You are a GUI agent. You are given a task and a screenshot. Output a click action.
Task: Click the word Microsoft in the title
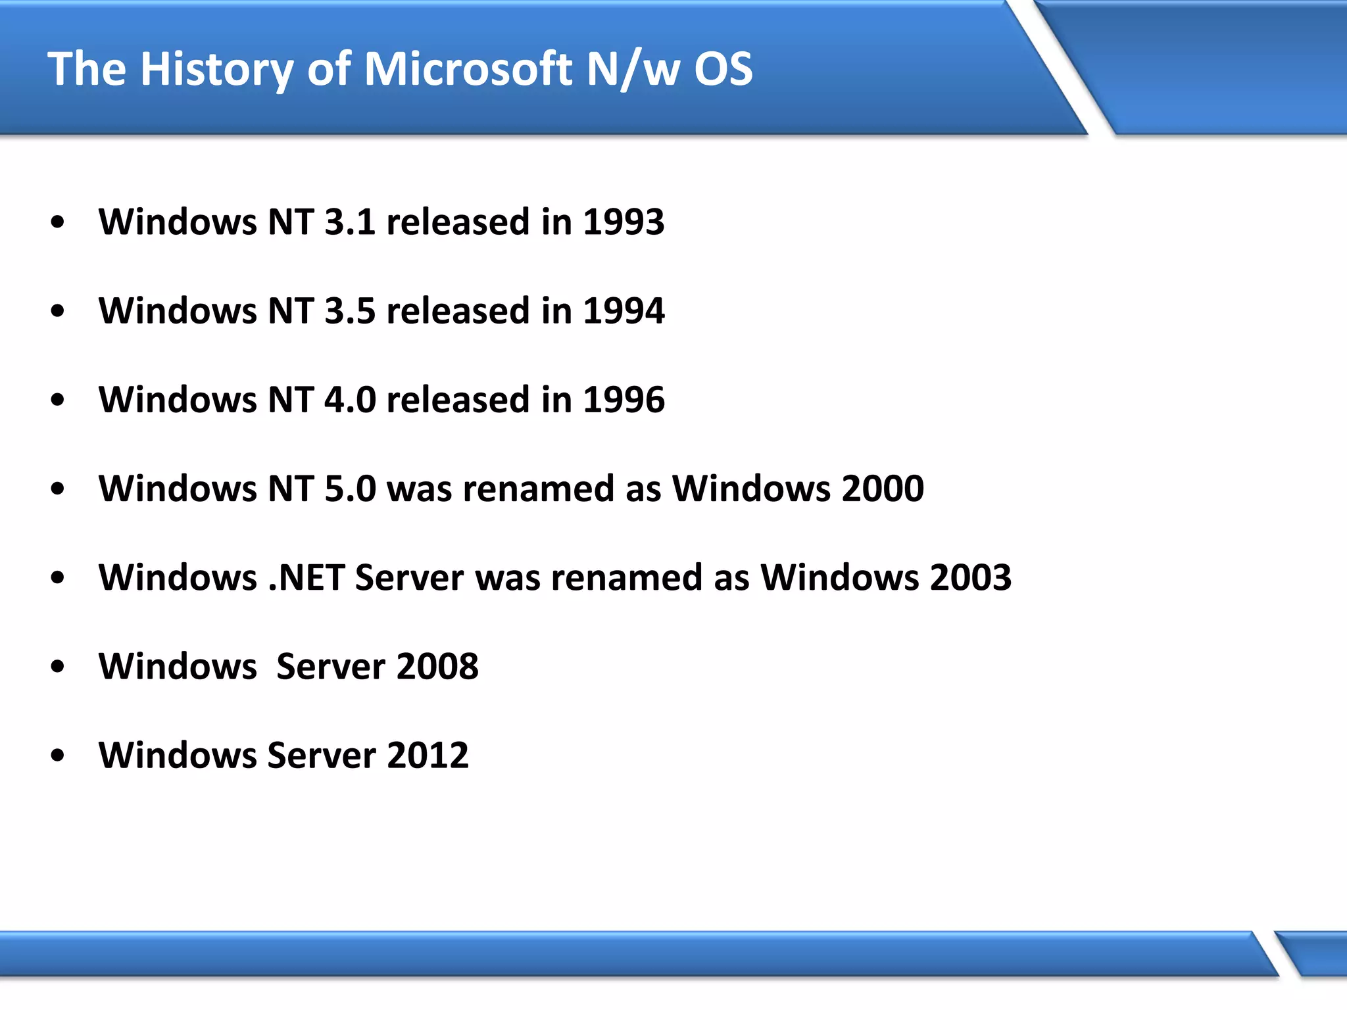click(x=468, y=68)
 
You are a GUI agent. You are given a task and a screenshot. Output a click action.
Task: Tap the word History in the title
click(x=216, y=70)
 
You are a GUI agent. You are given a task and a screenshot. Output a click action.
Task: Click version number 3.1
click(x=350, y=222)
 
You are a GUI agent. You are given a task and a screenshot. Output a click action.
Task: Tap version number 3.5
click(x=350, y=310)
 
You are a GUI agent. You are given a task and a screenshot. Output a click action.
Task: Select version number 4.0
click(x=350, y=399)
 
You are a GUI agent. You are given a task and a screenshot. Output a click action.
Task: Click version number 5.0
click(x=350, y=488)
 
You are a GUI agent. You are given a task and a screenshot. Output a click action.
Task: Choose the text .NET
click(x=306, y=577)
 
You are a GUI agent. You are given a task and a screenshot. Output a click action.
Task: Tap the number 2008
click(x=437, y=666)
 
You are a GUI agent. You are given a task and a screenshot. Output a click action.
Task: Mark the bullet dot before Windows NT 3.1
click(x=58, y=223)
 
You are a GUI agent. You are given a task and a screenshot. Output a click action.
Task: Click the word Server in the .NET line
click(x=409, y=577)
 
